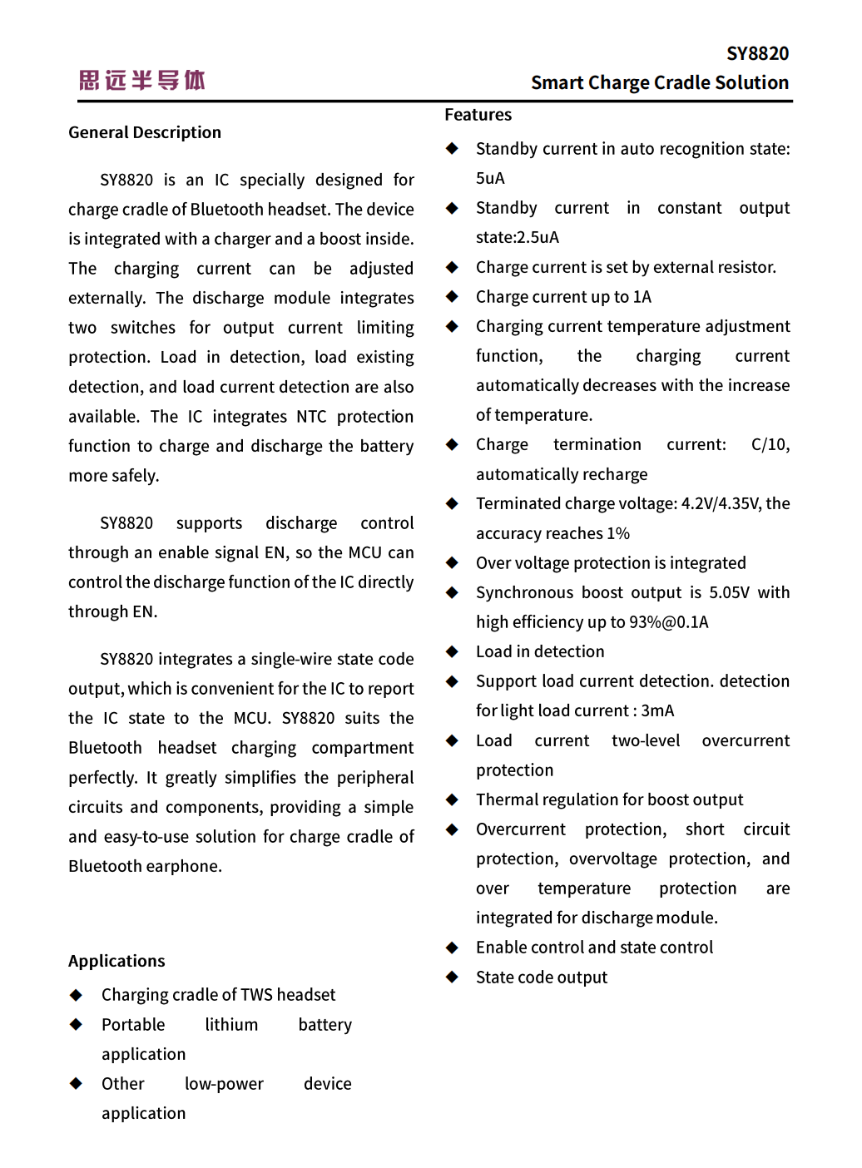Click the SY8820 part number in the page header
point(757,54)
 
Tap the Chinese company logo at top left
point(142,80)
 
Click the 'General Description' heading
point(145,132)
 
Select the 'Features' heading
point(478,115)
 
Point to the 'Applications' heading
point(116,961)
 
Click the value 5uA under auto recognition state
point(490,178)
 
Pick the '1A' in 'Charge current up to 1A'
point(642,297)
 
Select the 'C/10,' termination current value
point(770,444)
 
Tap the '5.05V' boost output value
point(729,592)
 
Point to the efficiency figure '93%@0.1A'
point(669,622)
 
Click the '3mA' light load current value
point(657,710)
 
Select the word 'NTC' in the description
point(311,416)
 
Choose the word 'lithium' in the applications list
point(231,1025)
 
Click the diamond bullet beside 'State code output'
point(453,977)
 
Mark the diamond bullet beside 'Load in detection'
point(453,651)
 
